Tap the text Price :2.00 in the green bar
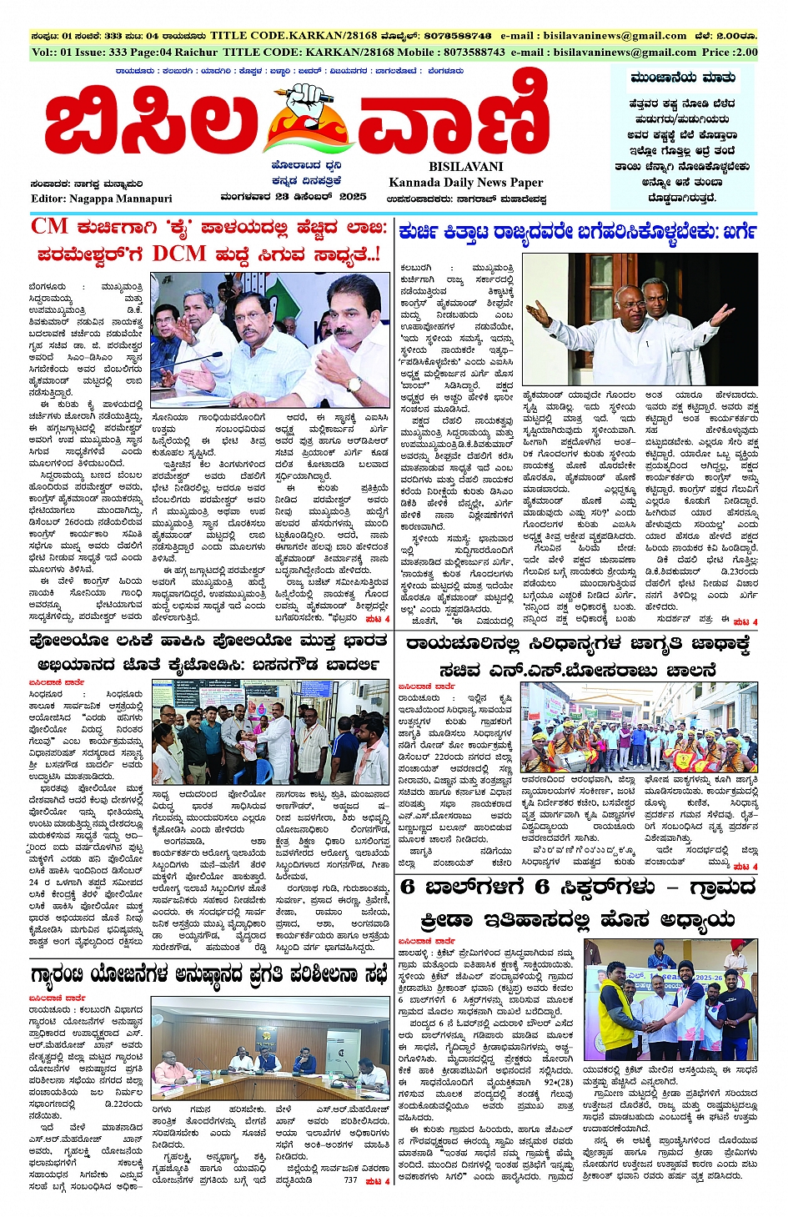pyautogui.click(x=730, y=52)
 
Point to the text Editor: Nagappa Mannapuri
pyautogui.click(x=102, y=199)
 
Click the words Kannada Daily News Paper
pyautogui.click(x=465, y=182)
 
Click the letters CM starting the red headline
pyautogui.click(x=49, y=226)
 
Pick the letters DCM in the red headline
pyautogui.click(x=178, y=254)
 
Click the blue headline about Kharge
pyautogui.click(x=577, y=231)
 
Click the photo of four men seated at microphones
pyautogui.click(x=269, y=338)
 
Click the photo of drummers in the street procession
pyautogui.click(x=639, y=727)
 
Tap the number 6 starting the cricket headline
pyautogui.click(x=408, y=887)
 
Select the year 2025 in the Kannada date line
pyautogui.click(x=353, y=197)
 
